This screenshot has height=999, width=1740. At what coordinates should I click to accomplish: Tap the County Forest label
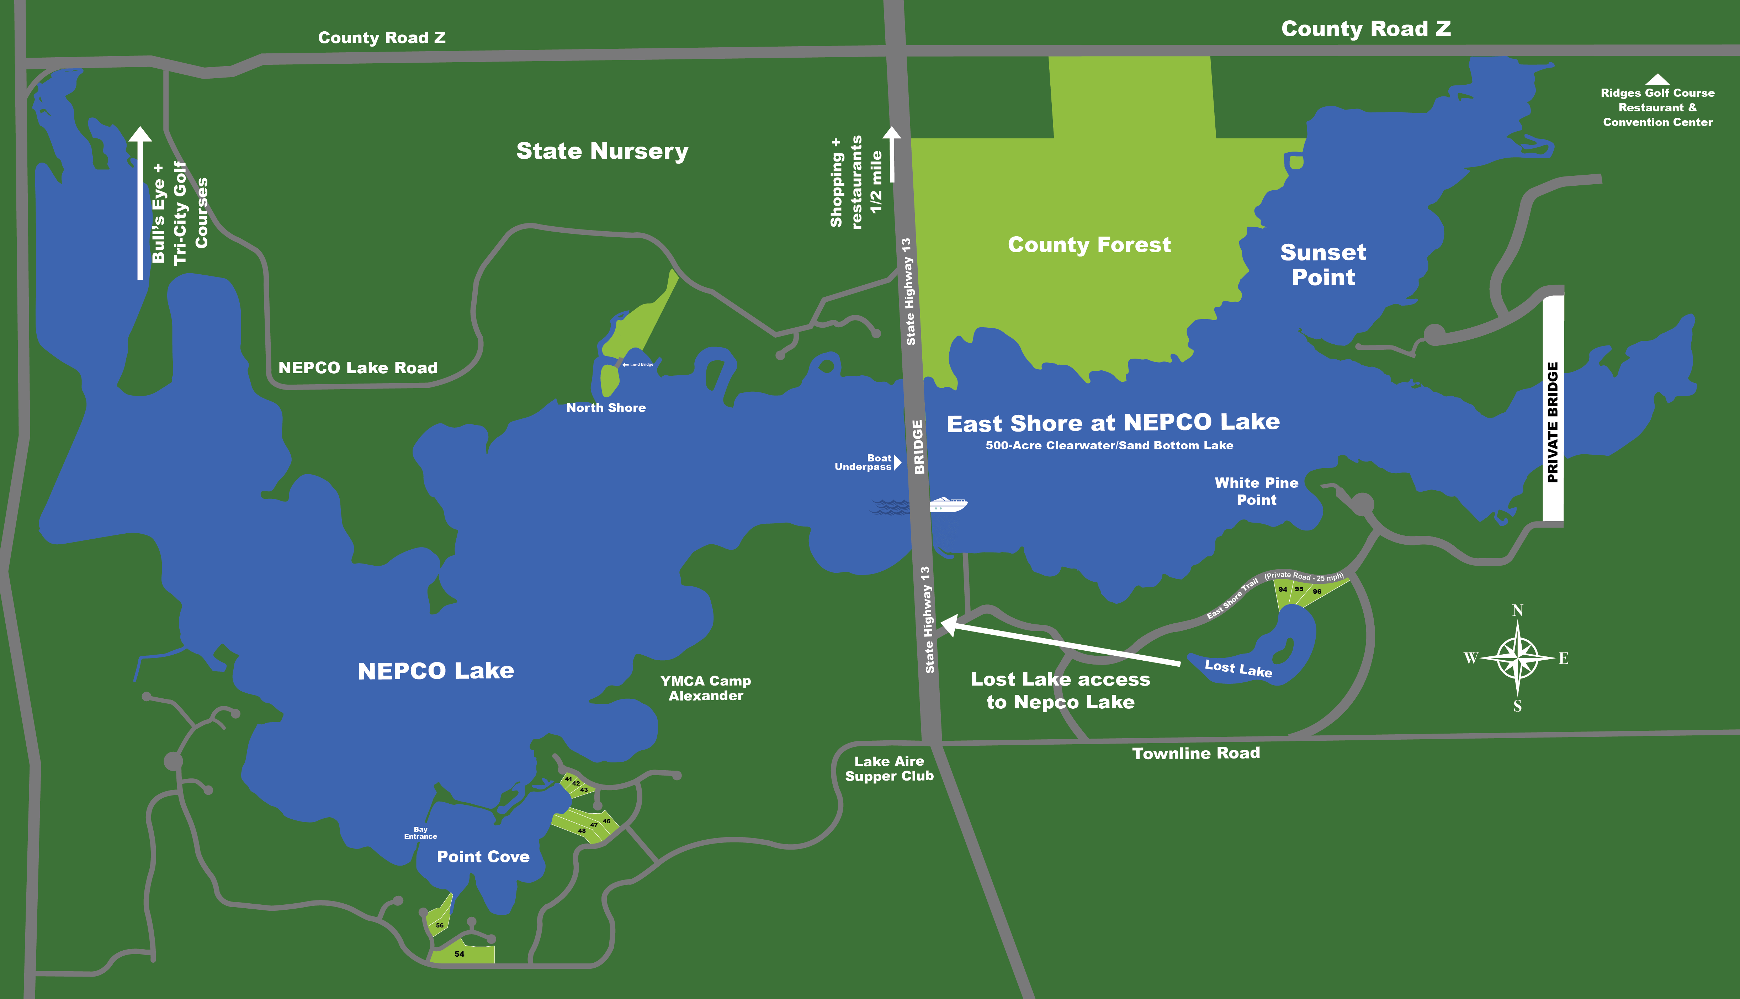pos(1089,245)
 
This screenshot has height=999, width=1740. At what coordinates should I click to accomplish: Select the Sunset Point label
pos(1323,265)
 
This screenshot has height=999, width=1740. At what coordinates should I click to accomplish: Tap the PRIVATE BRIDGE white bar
pos(1553,409)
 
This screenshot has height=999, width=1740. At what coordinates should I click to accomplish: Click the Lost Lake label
pos(1238,668)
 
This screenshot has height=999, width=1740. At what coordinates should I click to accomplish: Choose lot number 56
pos(440,925)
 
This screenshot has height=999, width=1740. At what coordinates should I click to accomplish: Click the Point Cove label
pos(483,857)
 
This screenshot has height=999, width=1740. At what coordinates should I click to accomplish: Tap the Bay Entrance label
pos(420,833)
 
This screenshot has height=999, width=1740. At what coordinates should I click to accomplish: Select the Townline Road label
pos(1195,754)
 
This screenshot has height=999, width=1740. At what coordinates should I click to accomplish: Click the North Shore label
pos(606,408)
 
